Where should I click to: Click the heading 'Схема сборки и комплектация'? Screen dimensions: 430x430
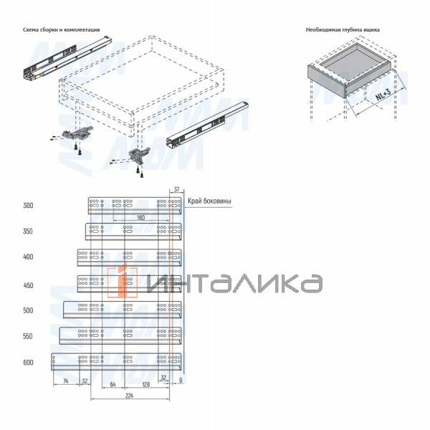61,30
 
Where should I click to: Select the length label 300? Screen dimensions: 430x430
28,206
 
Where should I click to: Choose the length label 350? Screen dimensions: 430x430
28,231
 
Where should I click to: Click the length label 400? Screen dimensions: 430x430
28,257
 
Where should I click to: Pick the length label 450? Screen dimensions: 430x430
28,285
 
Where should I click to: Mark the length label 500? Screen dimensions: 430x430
28,310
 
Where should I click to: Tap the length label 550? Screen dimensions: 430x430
28,336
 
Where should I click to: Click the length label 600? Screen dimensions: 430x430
28,363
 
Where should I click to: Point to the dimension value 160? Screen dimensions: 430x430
140,216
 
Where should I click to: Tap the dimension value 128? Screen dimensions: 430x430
147,385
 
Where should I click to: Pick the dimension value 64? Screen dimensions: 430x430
113,385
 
